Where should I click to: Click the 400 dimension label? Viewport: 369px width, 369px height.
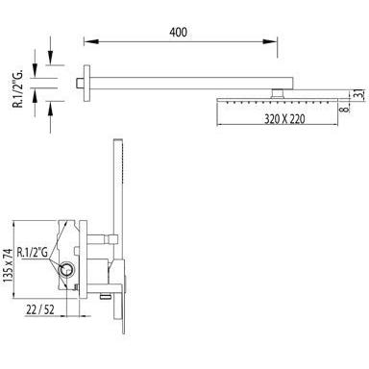(179, 33)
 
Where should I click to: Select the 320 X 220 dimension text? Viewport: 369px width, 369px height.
(284, 119)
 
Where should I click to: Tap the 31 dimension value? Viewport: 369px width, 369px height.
(359, 94)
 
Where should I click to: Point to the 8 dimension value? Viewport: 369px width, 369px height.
(344, 110)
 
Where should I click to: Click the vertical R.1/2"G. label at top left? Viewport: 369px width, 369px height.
(19, 87)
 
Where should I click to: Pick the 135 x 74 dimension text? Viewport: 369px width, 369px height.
(9, 265)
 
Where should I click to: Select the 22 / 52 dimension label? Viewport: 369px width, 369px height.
(40, 309)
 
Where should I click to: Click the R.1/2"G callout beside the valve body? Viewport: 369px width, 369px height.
(33, 253)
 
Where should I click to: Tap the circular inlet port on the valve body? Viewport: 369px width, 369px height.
(67, 270)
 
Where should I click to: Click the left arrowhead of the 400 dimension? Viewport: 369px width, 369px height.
(90, 41)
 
